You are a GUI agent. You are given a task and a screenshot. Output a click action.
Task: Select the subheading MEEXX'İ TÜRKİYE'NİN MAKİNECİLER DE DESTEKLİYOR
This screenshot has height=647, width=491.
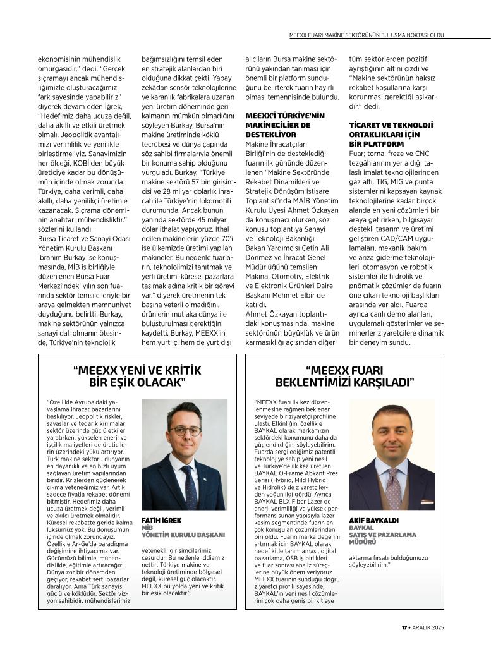284,125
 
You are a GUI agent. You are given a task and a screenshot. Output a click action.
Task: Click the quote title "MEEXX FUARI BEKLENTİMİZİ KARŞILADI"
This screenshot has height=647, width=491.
344,376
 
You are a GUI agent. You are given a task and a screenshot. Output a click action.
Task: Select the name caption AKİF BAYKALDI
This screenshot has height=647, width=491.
373,519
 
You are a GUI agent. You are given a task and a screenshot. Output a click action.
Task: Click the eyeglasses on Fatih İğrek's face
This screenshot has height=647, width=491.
185,431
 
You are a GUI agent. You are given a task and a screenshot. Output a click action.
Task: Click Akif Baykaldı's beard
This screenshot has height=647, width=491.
392,448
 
